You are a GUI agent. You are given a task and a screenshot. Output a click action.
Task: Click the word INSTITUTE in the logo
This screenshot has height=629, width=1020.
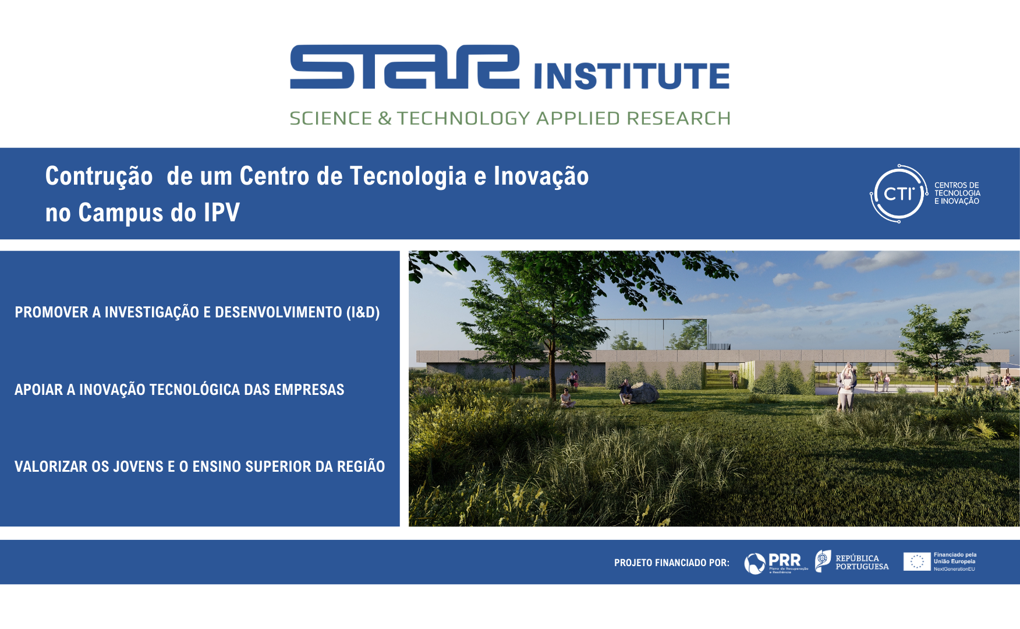point(632,76)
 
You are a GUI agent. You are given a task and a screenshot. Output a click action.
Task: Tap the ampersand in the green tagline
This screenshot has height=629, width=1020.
point(384,118)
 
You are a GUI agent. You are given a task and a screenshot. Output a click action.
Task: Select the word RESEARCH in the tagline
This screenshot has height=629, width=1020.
point(678,118)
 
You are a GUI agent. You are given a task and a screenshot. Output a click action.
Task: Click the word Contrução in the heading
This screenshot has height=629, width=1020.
point(99,176)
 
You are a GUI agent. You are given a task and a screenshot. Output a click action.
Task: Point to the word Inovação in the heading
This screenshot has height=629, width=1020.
point(541,176)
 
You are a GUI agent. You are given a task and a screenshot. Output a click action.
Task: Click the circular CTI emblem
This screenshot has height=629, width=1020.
point(898,194)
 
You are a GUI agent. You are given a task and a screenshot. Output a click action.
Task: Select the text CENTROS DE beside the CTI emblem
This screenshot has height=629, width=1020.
point(957,185)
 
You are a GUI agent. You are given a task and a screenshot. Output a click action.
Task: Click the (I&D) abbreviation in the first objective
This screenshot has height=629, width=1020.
point(363,312)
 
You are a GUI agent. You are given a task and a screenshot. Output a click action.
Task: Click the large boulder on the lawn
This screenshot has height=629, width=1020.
point(644,393)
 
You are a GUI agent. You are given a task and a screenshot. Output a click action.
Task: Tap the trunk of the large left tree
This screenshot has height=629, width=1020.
point(552,373)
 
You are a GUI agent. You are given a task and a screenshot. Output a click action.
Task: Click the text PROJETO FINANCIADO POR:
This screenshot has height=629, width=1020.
point(671,563)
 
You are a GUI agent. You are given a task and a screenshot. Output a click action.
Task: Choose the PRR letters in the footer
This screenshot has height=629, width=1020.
point(784,560)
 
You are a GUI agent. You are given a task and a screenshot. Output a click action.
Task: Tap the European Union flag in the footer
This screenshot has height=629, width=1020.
point(916,561)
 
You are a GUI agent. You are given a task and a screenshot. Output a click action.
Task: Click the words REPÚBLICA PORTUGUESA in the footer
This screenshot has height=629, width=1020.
point(862,562)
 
